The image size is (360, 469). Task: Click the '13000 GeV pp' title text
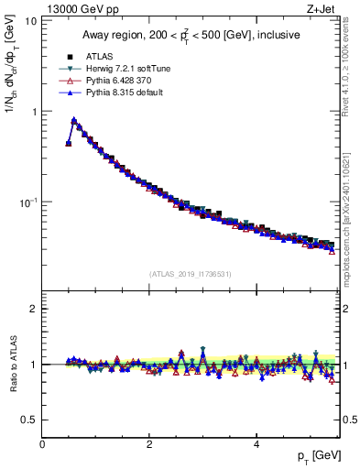pos(72,7)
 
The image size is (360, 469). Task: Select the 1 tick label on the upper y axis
pos(33,111)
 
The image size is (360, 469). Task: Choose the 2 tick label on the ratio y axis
pos(33,309)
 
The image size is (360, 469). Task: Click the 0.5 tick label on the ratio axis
pos(29,420)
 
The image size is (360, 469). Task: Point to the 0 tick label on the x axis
pos(42,444)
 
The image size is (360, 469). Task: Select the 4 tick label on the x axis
pos(256,444)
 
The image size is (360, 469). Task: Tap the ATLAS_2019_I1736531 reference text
pos(191,274)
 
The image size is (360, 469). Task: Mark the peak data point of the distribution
pos(74,120)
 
